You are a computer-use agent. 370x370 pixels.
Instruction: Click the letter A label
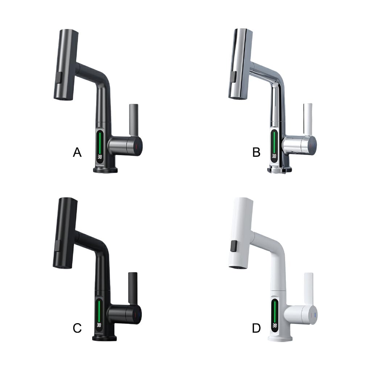coord(77,152)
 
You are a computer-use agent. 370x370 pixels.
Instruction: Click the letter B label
coord(256,152)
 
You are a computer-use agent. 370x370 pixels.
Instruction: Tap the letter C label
coord(77,328)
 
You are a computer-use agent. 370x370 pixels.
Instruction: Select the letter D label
coord(256,328)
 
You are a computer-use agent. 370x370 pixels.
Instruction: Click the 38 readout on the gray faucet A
coord(99,157)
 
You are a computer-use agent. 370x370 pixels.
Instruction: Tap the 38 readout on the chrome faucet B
coord(274,156)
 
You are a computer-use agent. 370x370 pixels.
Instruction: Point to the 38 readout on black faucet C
coord(99,325)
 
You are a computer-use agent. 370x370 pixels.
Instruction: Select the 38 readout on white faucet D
coord(275,326)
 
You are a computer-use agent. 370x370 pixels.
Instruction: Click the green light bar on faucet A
coord(100,142)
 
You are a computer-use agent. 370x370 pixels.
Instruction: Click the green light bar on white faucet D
coord(275,311)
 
